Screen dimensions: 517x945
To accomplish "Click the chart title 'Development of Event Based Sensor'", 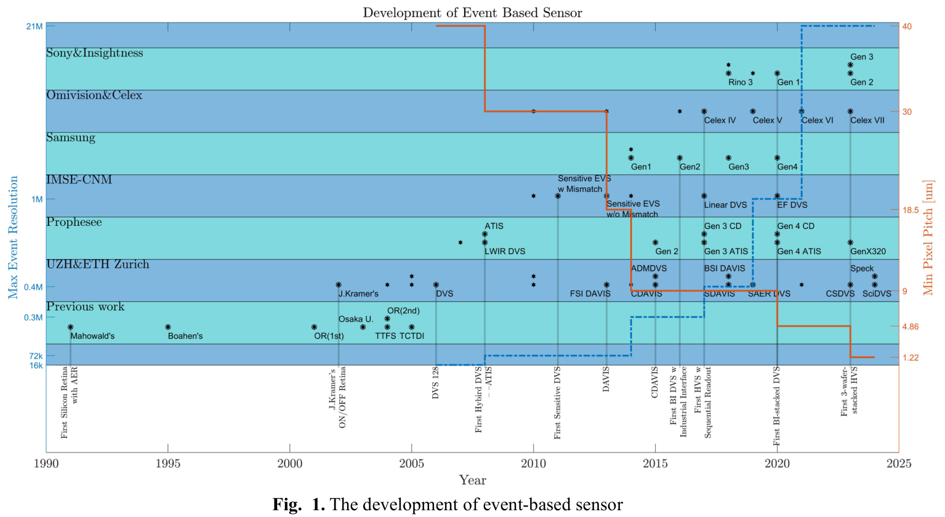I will click(472, 13).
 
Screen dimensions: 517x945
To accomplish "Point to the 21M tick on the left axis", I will click(34, 26).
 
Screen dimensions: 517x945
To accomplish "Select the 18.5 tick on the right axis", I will click(911, 210).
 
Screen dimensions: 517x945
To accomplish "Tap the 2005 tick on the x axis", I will click(411, 463).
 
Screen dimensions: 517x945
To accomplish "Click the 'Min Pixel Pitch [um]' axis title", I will click(928, 238).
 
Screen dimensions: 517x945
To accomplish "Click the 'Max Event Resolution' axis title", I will click(13, 238).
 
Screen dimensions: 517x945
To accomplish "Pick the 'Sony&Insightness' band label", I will click(94, 54).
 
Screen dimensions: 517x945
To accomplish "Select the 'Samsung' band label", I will click(71, 138).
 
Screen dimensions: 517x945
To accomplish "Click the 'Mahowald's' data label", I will click(92, 336).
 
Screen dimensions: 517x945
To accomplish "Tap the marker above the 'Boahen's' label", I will click(168, 327).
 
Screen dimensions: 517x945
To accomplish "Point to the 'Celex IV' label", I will click(720, 121).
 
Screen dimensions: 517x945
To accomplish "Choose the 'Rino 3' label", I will click(740, 82).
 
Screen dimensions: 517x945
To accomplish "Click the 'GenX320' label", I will click(868, 252).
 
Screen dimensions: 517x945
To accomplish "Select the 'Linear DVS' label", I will click(725, 205).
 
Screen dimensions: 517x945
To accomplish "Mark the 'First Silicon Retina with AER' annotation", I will click(69, 402).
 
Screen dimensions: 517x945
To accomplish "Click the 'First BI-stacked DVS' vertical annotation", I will click(777, 406).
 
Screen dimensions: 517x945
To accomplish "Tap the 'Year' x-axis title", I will click(472, 481).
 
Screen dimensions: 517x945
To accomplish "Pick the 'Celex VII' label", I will click(867, 121).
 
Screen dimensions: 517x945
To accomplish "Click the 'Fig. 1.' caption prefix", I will click(299, 505).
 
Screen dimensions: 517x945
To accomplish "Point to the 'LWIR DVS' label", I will click(505, 252).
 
